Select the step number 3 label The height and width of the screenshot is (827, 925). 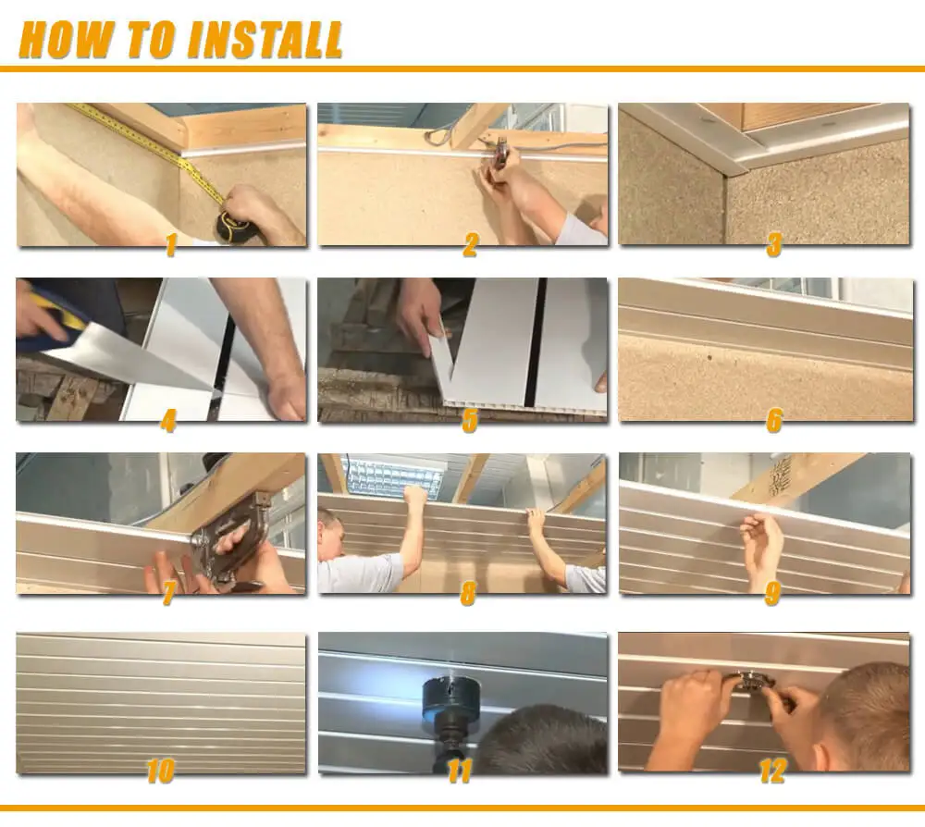(773, 245)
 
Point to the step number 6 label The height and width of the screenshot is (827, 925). (773, 421)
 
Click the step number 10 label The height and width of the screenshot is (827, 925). (160, 770)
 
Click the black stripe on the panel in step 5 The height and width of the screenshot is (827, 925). (536, 342)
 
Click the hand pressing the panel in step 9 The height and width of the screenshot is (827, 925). (761, 547)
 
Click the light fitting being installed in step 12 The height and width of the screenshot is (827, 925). (754, 684)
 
